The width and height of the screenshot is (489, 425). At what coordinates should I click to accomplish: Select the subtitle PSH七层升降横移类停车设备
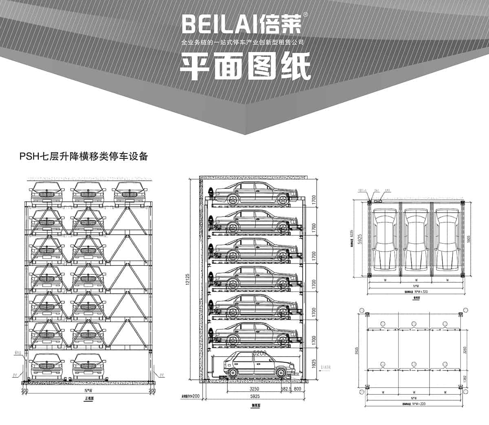tap(83, 156)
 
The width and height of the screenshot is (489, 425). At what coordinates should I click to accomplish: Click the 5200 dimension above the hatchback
tap(259, 353)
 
